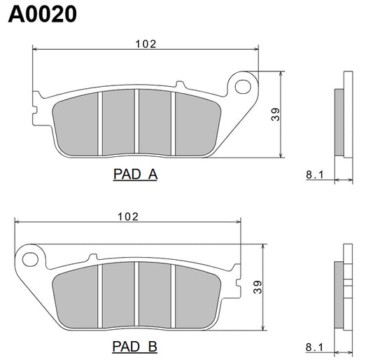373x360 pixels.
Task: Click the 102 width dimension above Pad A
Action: (x=146, y=43)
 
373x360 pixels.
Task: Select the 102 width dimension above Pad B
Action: (x=127, y=216)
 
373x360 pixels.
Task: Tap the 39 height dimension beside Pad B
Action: (x=257, y=287)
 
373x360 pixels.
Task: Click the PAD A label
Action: (x=135, y=174)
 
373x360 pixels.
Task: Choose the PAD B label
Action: (x=134, y=346)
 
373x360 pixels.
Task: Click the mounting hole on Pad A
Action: (x=244, y=87)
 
